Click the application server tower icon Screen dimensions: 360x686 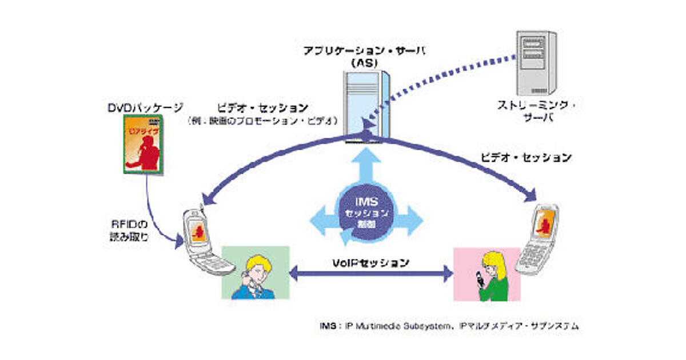click(364, 103)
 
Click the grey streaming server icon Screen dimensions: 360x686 click(536, 62)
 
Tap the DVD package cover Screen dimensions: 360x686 click(143, 143)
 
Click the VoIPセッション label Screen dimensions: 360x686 click(371, 263)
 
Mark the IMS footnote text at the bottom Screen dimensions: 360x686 click(449, 326)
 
